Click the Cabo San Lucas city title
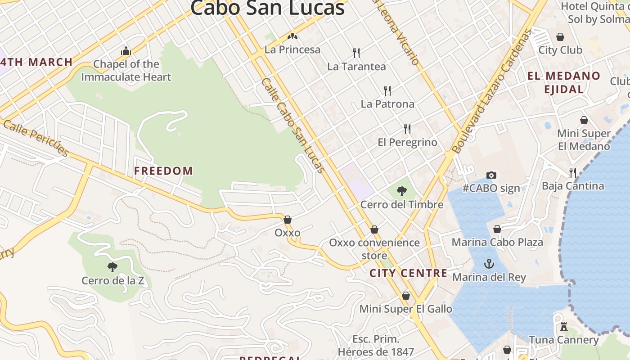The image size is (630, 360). (x=267, y=8)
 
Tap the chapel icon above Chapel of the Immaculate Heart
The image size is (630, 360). (x=126, y=51)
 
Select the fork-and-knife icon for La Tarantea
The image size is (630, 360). (x=356, y=53)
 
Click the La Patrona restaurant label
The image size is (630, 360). (x=387, y=104)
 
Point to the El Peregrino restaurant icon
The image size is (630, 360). (x=407, y=129)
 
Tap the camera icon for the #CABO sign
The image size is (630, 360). (x=491, y=175)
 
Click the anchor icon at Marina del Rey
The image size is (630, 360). (x=489, y=264)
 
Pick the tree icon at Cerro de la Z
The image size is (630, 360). (x=112, y=267)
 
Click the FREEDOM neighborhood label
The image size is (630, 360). (x=163, y=171)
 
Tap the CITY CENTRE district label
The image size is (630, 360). (x=408, y=273)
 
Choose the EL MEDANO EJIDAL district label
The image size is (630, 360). (x=564, y=82)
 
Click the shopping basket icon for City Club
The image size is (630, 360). (x=560, y=37)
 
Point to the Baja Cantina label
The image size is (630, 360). (x=572, y=186)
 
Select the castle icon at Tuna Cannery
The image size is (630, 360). (x=563, y=327)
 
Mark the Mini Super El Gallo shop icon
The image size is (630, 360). (x=405, y=296)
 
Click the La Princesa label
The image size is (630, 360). (x=292, y=49)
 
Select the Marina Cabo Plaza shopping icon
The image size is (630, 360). (x=497, y=229)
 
